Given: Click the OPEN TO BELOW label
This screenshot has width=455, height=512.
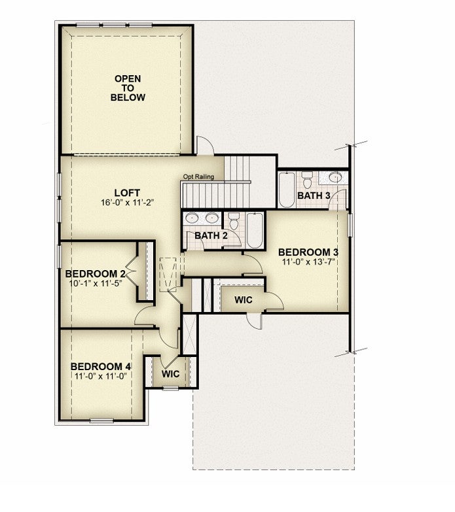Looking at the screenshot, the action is click(x=128, y=88).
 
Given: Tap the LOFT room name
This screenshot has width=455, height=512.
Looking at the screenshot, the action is click(x=127, y=193).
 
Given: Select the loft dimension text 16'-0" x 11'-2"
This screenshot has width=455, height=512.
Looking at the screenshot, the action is click(x=127, y=203).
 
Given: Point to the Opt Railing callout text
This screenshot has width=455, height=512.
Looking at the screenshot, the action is click(x=198, y=177).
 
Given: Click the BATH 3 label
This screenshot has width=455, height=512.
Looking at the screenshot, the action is click(x=314, y=196).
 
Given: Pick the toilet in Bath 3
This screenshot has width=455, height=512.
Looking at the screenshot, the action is click(x=307, y=180).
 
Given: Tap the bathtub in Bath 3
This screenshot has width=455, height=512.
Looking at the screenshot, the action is click(x=287, y=190).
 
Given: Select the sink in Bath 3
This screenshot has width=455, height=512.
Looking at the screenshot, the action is click(x=335, y=177).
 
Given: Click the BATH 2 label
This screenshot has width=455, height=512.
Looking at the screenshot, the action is click(x=211, y=235).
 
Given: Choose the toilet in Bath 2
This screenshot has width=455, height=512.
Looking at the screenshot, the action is click(x=234, y=221).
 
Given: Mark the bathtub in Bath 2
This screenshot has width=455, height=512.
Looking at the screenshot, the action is click(x=255, y=231).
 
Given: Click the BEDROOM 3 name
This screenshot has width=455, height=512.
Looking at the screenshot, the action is click(x=308, y=252).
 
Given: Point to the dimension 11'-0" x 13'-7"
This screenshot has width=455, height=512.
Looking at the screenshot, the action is click(x=309, y=262).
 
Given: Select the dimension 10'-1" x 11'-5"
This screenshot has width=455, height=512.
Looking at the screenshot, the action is click(x=96, y=282).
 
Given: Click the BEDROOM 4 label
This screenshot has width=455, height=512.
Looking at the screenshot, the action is click(x=101, y=367).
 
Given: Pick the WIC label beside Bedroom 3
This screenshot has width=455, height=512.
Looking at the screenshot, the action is click(x=243, y=299).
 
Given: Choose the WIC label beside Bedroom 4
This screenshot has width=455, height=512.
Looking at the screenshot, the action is click(x=170, y=373).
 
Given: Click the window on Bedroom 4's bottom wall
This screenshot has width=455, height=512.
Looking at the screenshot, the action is click(x=101, y=420).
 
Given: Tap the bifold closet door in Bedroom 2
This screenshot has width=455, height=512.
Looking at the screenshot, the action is click(x=132, y=271).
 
